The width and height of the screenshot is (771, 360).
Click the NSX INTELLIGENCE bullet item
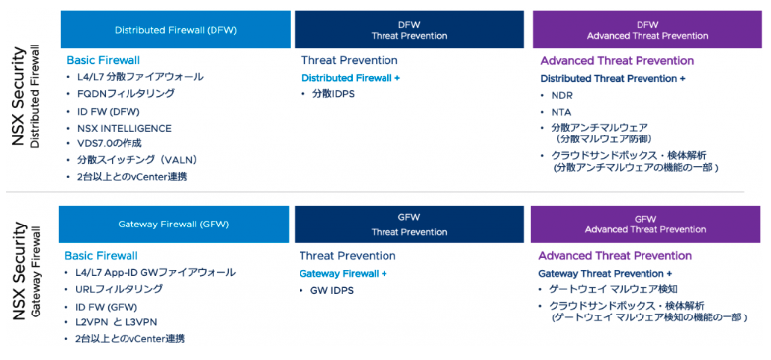pyautogui.click(x=124, y=128)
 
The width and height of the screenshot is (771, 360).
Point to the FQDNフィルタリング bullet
pyautogui.click(x=126, y=94)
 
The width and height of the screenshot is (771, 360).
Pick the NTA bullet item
pyautogui.click(x=560, y=111)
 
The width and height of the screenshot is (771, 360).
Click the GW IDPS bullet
pyautogui.click(x=332, y=290)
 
